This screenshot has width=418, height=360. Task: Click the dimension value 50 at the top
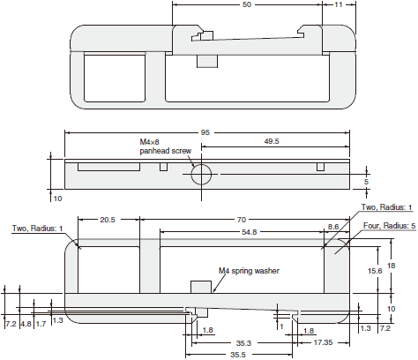click(246, 5)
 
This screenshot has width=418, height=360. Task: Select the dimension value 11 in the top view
click(340, 5)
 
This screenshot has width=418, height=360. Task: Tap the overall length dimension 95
click(205, 132)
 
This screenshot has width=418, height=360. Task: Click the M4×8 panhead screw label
click(165, 146)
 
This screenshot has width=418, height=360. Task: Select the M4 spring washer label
click(249, 271)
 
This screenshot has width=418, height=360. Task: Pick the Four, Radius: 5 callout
click(388, 226)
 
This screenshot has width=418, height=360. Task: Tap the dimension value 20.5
click(108, 219)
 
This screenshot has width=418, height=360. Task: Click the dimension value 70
click(240, 219)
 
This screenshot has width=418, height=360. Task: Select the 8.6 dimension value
click(332, 227)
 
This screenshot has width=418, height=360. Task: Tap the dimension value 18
click(392, 275)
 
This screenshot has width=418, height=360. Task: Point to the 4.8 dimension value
click(26, 324)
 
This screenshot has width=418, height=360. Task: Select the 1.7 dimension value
click(41, 324)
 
